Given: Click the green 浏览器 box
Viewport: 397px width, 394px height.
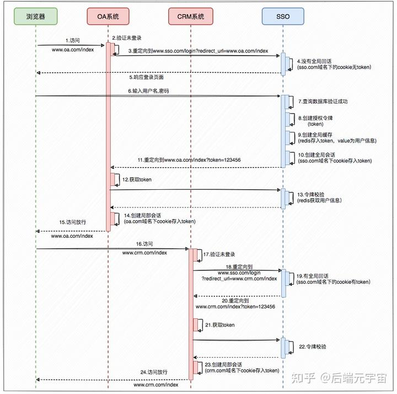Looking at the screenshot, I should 36,17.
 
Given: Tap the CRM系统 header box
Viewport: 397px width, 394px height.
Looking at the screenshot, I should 190,17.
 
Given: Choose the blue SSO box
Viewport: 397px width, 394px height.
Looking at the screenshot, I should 283,17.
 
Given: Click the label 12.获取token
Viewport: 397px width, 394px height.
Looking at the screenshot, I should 137,179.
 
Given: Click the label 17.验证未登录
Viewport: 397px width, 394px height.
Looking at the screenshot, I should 219,254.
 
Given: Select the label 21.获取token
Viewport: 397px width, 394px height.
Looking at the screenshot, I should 220,325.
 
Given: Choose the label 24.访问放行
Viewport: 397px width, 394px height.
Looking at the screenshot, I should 154,372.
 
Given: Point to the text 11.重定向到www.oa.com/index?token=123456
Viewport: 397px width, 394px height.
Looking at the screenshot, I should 189,159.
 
